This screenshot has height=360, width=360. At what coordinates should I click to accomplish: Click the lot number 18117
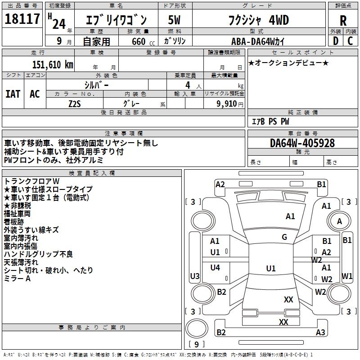coord(22,19)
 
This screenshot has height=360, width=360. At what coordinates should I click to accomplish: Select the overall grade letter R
coord(343,20)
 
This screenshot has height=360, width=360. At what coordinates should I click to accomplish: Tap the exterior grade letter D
coord(335,40)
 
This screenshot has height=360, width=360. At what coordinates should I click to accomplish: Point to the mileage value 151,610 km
coord(52,64)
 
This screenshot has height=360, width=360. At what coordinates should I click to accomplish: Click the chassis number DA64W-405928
coord(302,143)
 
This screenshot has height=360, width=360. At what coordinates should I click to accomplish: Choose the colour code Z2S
coord(75,103)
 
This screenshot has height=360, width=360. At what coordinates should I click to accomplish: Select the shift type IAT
coord(13,94)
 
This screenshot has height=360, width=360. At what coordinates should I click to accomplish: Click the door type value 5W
coord(175,20)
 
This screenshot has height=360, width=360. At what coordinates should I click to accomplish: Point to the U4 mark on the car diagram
coord(215,267)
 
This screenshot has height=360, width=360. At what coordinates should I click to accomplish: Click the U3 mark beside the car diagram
coord(195,276)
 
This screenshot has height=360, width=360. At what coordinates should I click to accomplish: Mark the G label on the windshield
coord(284,237)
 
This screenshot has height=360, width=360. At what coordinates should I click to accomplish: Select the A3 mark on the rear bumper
coord(320,333)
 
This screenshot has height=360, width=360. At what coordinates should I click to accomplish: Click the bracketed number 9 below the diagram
coord(196,344)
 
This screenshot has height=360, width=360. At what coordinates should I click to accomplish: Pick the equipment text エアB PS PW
coord(270,121)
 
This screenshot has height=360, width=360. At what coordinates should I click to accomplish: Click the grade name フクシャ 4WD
coord(259,20)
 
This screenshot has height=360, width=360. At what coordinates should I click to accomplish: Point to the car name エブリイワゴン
coord(116,20)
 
